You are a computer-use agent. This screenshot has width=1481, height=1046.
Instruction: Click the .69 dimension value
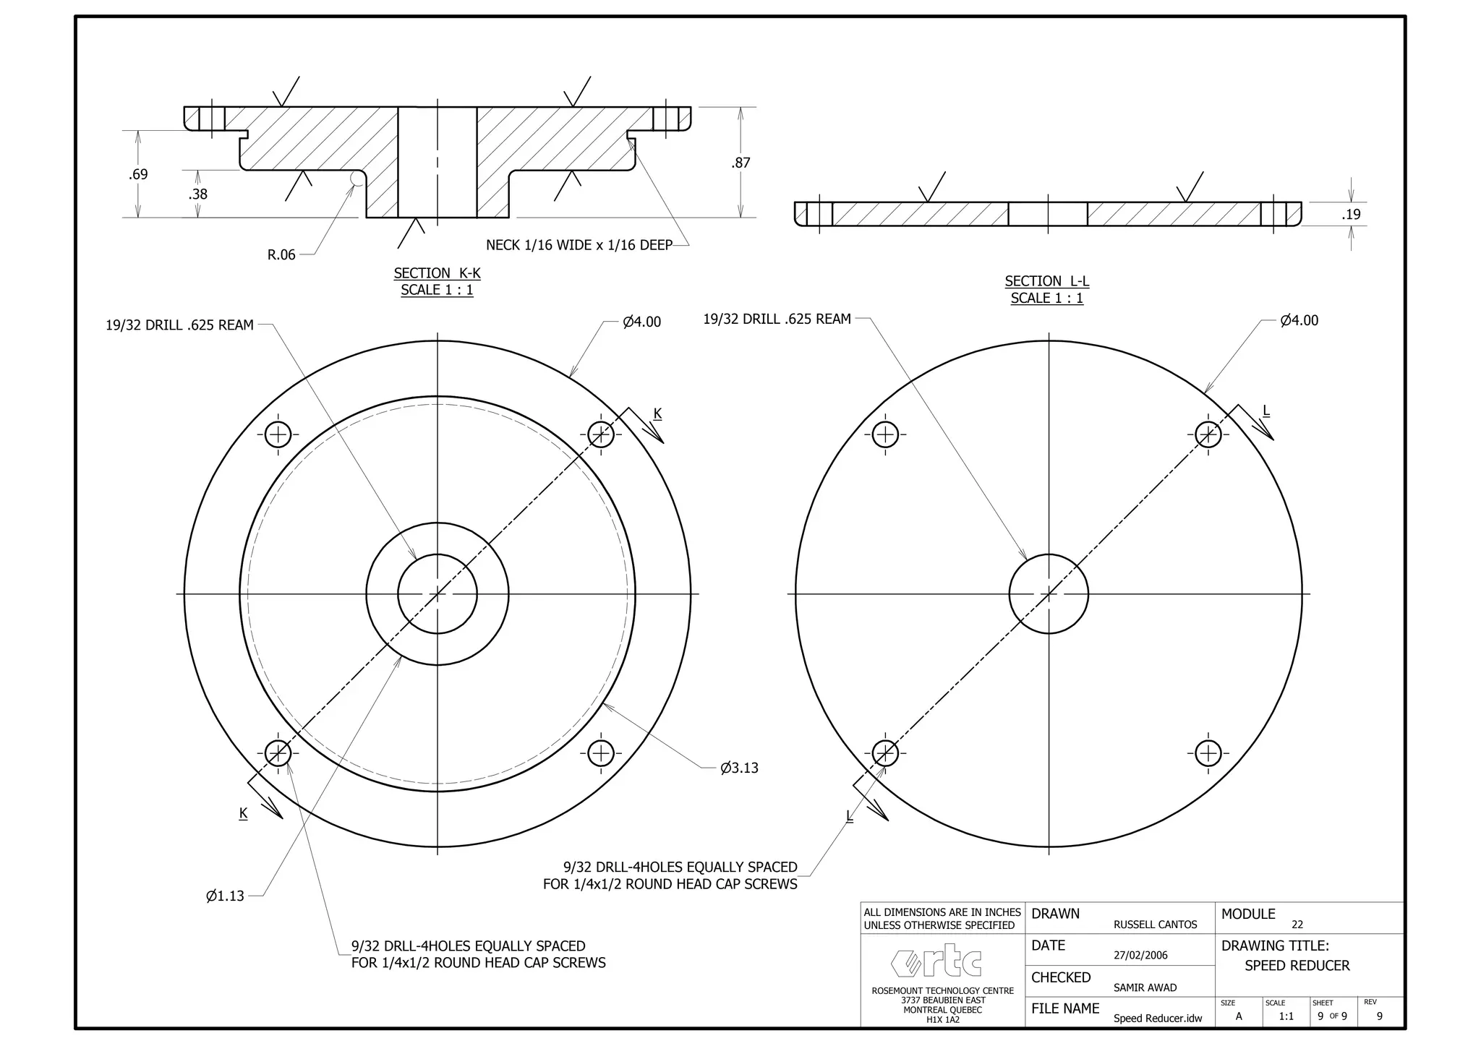(x=138, y=174)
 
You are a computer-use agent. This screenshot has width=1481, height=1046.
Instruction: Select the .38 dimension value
(x=197, y=194)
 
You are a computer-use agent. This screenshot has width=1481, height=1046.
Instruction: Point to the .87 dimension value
(x=740, y=163)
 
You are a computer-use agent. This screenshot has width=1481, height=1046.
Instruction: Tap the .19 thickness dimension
(x=1351, y=214)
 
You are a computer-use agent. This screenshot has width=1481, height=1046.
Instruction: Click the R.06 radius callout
(x=281, y=254)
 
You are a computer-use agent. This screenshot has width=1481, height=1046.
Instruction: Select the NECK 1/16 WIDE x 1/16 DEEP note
(x=579, y=245)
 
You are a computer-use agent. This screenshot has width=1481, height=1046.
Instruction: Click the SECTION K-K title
(x=437, y=273)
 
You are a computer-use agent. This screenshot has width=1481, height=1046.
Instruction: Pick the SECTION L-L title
(x=1046, y=281)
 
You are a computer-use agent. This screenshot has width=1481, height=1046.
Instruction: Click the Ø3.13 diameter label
(x=739, y=768)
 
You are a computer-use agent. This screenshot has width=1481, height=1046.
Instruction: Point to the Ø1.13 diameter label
(x=225, y=896)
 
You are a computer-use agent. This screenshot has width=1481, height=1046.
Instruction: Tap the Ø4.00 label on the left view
(x=641, y=322)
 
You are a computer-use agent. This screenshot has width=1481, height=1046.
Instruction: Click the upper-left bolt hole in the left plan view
(x=278, y=434)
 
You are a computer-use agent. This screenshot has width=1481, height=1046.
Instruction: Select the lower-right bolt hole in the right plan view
(x=1208, y=753)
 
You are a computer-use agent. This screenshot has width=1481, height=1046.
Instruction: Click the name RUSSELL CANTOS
(x=1155, y=925)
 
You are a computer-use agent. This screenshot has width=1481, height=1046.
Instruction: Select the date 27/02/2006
(x=1140, y=955)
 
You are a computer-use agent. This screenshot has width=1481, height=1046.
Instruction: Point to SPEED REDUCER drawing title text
(x=1297, y=966)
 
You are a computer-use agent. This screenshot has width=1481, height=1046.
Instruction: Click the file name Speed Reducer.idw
(x=1157, y=1019)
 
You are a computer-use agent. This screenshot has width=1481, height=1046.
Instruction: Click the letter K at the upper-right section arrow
(x=657, y=413)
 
